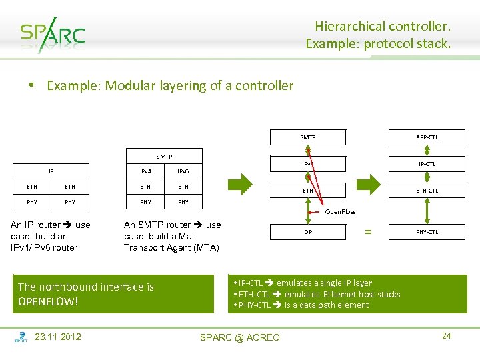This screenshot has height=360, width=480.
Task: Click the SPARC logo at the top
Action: [x=53, y=35]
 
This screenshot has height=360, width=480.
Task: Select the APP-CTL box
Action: [x=427, y=137]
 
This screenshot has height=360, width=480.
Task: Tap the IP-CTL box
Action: [x=427, y=163]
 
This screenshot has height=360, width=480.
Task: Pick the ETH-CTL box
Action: [x=427, y=191]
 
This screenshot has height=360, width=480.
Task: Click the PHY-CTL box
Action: [x=427, y=232]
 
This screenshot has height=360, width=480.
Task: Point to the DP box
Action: [x=308, y=232]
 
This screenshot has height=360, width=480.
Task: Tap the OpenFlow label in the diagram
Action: [x=340, y=212]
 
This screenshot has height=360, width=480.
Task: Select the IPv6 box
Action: [x=183, y=172]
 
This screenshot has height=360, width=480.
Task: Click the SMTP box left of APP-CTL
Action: [x=308, y=137]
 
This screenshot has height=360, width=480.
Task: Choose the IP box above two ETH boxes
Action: [x=51, y=171]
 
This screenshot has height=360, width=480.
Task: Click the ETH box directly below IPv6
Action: [x=183, y=187]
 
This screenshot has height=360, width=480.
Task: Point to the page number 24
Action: [x=446, y=335]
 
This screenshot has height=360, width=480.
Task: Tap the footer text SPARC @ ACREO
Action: [x=240, y=337]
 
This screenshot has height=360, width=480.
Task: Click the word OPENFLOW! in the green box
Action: [x=49, y=301]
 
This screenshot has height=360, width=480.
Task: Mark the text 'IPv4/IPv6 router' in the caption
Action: [x=44, y=247]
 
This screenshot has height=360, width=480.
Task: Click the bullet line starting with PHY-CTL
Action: [x=300, y=305]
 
